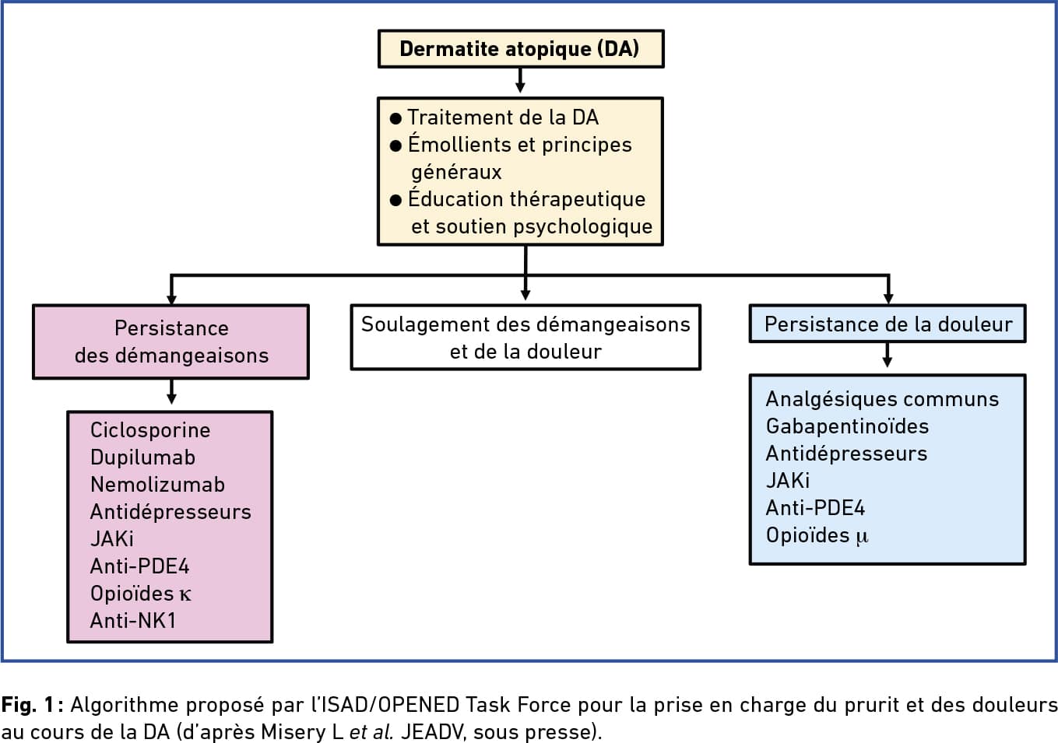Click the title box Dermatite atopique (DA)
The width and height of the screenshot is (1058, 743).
(x=521, y=48)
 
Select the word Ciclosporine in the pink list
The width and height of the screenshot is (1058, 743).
(x=150, y=430)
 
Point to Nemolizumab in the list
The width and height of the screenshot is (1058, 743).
(x=157, y=485)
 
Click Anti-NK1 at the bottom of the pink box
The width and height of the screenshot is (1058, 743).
(x=132, y=621)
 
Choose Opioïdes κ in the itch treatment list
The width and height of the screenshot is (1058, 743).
(x=141, y=594)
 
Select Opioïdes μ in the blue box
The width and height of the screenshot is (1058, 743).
(x=817, y=536)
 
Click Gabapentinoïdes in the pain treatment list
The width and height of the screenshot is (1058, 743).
(x=847, y=426)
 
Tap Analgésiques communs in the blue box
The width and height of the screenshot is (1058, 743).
(x=882, y=399)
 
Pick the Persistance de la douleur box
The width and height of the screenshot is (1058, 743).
(x=888, y=324)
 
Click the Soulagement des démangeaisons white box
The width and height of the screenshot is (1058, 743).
(x=525, y=337)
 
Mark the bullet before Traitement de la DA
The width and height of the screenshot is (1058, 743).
(x=395, y=118)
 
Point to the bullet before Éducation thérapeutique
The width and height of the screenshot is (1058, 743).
(x=395, y=200)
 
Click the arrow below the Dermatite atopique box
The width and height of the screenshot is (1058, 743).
(x=520, y=80)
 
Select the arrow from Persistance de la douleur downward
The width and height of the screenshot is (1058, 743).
(x=888, y=355)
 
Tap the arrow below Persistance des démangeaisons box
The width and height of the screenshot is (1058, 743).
(x=171, y=392)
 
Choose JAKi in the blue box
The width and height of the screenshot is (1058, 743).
(x=787, y=481)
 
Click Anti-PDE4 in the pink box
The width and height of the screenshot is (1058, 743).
(x=140, y=566)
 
